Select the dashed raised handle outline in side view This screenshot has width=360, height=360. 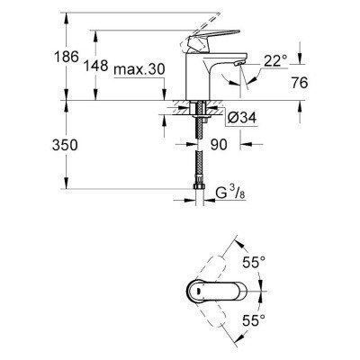(x=216, y=20)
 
